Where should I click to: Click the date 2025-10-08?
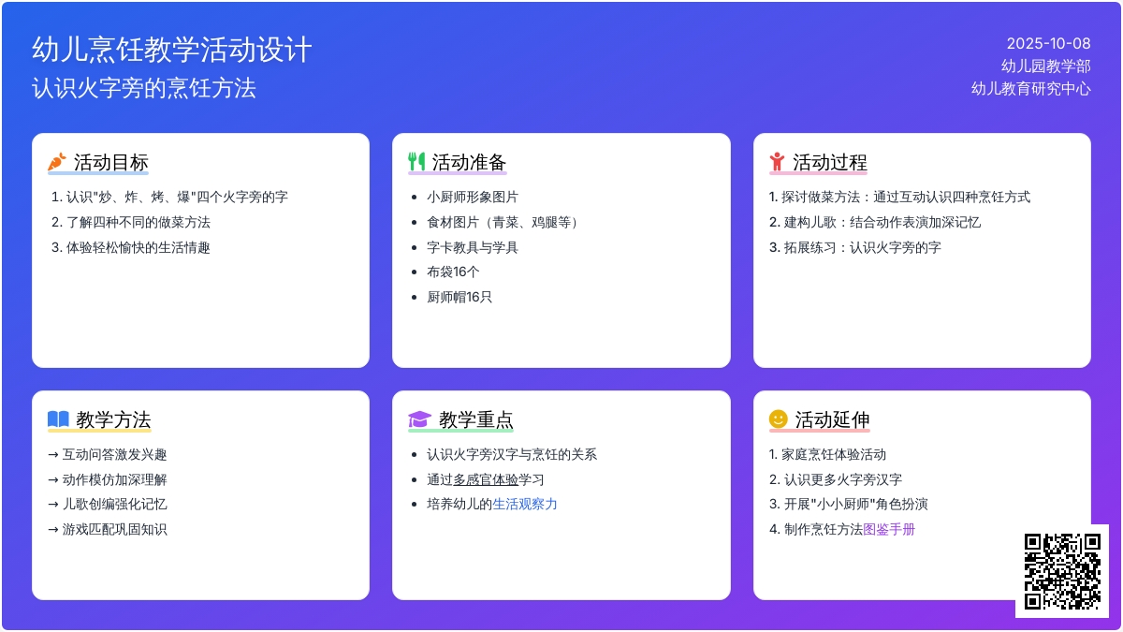1048,44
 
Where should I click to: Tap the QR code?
1062,571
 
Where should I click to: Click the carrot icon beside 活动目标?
57,161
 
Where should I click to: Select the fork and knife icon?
416,161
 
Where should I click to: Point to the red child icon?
777,161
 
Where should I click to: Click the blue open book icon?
58,419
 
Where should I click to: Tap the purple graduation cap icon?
419,419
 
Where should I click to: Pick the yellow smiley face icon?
778,419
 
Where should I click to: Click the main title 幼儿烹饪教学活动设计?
172,50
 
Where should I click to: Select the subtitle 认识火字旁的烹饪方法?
144,88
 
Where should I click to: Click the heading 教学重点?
475,419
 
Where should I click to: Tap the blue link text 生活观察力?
524,504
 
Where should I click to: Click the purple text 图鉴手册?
889,529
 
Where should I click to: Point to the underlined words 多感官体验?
486,479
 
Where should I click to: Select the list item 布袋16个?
453,272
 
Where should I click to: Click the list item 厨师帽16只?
459,297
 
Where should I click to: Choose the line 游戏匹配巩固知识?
114,529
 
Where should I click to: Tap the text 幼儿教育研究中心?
1030,89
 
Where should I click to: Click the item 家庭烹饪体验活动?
834,454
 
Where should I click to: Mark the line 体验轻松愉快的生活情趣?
138,247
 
